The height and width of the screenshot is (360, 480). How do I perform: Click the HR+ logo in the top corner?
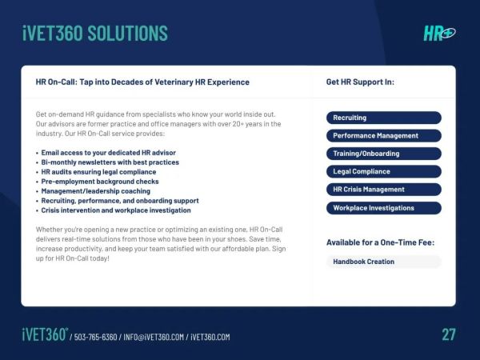(439, 33)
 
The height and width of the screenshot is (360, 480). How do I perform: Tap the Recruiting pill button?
(384, 118)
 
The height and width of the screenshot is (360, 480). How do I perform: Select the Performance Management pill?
(384, 136)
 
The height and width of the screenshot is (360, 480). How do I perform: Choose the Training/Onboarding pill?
(384, 154)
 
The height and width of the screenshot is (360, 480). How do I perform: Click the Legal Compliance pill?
(384, 171)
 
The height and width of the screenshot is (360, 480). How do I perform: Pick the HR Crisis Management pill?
(384, 190)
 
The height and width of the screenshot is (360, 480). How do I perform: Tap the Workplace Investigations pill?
(384, 208)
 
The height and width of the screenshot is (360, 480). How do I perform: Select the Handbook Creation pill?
(384, 262)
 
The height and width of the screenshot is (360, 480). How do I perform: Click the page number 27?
(449, 334)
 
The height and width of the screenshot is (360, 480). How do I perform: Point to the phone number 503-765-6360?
(95, 337)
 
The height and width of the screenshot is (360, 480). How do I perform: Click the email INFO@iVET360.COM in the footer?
(154, 337)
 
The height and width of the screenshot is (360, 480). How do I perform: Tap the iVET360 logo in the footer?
(45, 334)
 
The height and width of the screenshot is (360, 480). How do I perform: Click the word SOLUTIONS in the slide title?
(128, 33)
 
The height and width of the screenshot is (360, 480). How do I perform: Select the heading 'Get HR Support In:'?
(360, 82)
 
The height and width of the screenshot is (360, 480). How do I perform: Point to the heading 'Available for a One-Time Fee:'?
(381, 242)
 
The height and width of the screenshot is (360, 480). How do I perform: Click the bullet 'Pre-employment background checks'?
(100, 182)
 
